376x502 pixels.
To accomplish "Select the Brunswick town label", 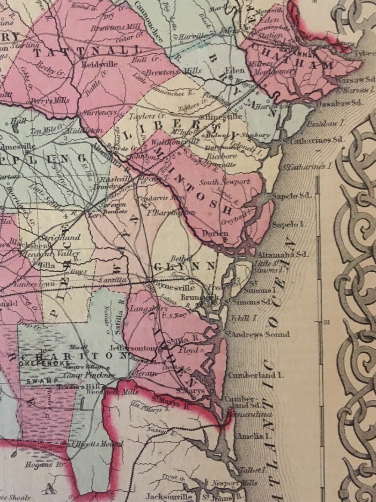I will coord(197,296).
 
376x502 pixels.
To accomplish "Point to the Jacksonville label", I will coord(169,497).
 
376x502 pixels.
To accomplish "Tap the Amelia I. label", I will coord(250,436).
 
